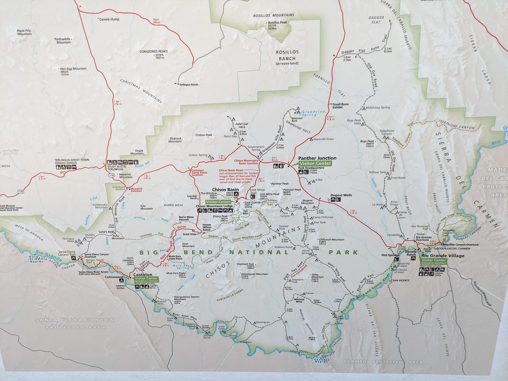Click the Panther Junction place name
(x=317, y=158)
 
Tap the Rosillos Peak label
(x=277, y=23)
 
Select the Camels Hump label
(x=109, y=19)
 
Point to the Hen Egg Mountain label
(x=73, y=69)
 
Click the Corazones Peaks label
(x=153, y=51)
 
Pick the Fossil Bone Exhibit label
(x=340, y=106)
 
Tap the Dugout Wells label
(x=341, y=195)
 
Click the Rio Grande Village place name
(x=443, y=255)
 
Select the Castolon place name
(x=143, y=274)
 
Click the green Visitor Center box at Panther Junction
(x=315, y=163)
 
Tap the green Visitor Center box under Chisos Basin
(x=218, y=202)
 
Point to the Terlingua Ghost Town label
(x=72, y=160)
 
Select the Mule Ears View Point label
(x=175, y=257)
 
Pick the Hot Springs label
(x=390, y=255)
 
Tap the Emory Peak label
(x=220, y=216)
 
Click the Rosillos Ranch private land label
(x=287, y=57)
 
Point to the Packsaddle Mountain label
(x=63, y=41)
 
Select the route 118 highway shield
(x=111, y=175)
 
